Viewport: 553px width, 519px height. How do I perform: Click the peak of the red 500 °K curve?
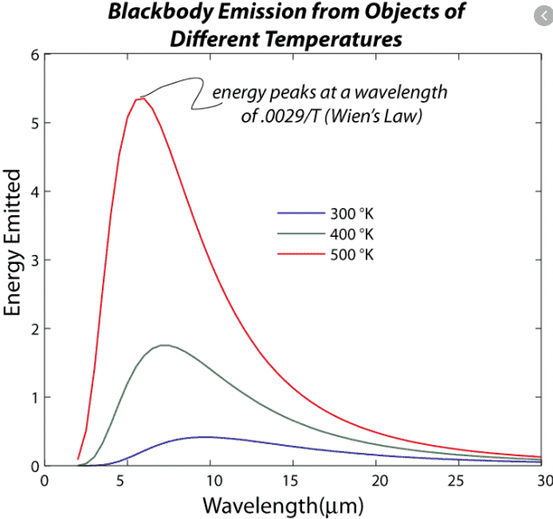tap(140, 98)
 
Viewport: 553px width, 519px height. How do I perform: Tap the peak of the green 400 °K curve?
tap(163, 345)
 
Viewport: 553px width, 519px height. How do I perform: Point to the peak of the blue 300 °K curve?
tap(205, 436)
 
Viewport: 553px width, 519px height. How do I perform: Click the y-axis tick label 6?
tap(37, 55)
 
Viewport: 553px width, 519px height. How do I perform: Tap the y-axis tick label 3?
tap(37, 260)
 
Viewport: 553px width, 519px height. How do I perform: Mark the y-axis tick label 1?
tap(37, 398)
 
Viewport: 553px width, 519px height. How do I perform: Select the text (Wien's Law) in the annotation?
tap(378, 117)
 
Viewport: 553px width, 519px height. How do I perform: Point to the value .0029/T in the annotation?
tap(291, 117)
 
